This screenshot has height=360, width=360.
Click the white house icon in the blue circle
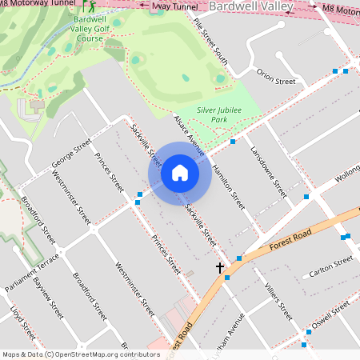[180, 173]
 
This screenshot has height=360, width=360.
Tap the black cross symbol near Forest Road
[220, 268]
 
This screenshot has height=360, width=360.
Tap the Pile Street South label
[211, 45]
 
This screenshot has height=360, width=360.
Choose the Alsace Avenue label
[190, 134]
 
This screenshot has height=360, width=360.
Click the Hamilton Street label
[228, 186]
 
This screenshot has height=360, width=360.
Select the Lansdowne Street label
[268, 171]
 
